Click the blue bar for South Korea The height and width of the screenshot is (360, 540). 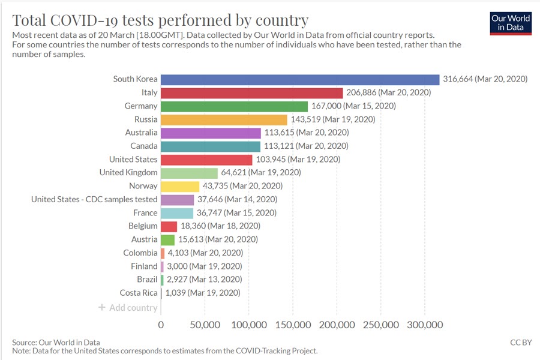point(300,79)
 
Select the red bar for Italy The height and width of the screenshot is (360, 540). point(251,92)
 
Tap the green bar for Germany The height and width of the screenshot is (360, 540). point(234,106)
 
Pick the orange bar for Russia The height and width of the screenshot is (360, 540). point(224,119)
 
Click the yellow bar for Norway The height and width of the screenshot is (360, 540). point(180,186)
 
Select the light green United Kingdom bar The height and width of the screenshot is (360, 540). point(189,173)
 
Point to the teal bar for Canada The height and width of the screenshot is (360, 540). point(211,146)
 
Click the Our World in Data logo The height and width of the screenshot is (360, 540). point(511,23)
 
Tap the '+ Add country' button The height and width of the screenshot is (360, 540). point(128,308)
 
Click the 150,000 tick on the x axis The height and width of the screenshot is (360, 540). point(293,325)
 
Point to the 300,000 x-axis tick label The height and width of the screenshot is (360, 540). point(425,325)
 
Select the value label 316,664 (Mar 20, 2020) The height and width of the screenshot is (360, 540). point(485,79)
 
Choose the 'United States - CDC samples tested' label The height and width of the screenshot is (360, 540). point(94,199)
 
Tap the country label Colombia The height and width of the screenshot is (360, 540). point(140,253)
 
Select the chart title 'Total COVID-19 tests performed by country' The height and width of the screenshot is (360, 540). point(160,20)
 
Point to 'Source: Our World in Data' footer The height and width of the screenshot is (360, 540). point(56,342)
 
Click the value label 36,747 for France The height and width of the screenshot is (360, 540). point(236,213)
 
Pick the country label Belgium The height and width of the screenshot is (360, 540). point(143,226)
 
